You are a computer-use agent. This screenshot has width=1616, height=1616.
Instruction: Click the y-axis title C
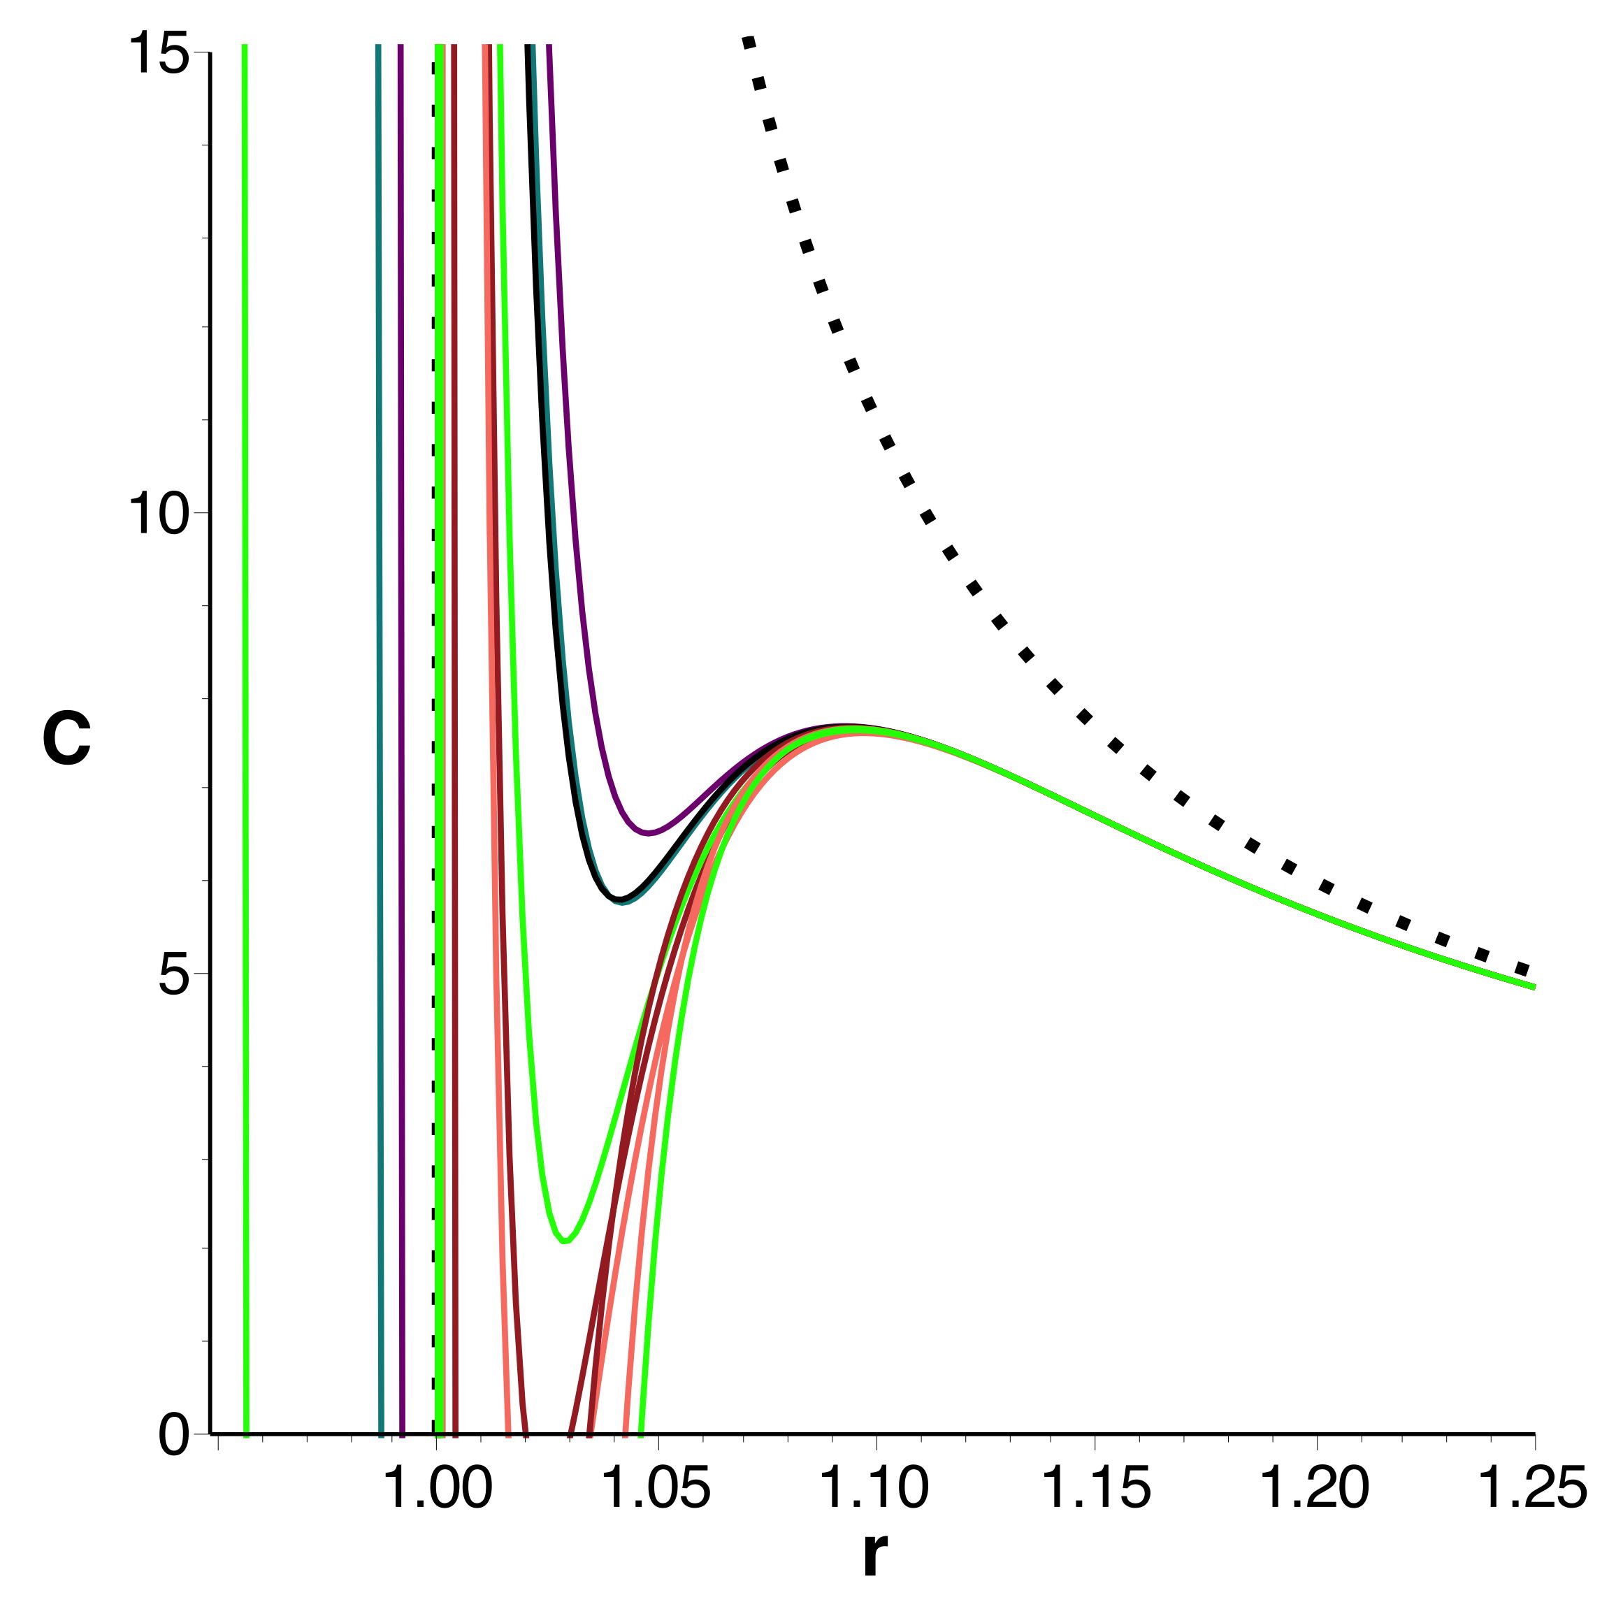(67, 740)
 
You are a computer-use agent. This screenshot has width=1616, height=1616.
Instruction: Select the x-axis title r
(874, 1554)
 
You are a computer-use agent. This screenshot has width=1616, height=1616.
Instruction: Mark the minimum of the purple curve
(648, 832)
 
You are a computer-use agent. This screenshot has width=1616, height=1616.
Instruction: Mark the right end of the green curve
(1534, 987)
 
